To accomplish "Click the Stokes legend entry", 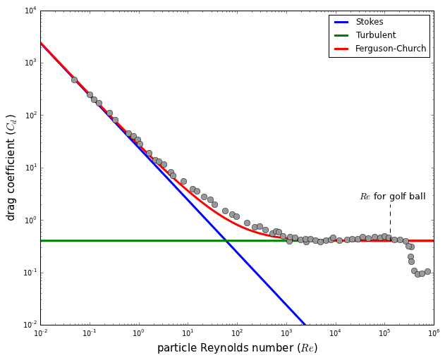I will coord(370,22).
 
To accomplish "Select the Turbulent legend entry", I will coord(375,35).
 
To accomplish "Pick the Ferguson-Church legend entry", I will coord(391,49).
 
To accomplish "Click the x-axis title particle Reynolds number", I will coord(237,348).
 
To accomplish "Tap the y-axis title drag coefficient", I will coord(12,168).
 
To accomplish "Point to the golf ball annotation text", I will coord(393,197).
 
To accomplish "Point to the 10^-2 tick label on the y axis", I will coord(27,325).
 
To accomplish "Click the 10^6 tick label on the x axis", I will coord(433,333).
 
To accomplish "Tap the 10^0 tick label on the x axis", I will coord(138,333).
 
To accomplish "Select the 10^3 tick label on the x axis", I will coord(286,333).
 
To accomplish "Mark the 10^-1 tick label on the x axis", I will coord(89,333).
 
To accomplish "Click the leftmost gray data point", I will coord(74,80).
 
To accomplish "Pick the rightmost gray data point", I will coord(427,271).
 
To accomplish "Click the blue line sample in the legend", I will coord(341,22).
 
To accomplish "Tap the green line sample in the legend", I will coord(341,35).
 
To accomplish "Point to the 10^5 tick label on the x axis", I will coord(384,333).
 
